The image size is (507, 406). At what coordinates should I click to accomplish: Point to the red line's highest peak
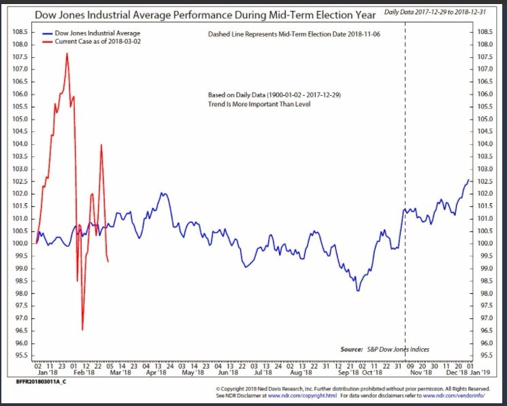[x=67, y=53]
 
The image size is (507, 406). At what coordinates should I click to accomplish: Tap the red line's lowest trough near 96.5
[x=82, y=330]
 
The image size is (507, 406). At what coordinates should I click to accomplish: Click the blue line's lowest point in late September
[x=357, y=290]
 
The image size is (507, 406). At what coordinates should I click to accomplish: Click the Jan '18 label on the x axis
[x=46, y=373]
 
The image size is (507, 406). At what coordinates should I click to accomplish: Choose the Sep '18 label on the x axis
[x=348, y=373]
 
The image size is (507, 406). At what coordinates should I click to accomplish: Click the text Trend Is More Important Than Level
[x=259, y=105]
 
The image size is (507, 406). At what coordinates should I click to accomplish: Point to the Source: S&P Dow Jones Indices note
[x=385, y=350]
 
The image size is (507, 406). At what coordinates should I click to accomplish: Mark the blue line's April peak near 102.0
[x=163, y=193]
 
